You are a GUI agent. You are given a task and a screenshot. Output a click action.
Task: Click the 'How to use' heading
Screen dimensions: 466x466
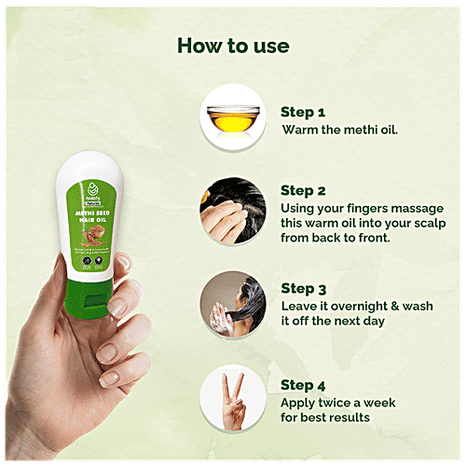[x=232, y=46]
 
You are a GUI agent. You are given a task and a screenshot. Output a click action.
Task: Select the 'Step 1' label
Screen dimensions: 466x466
[x=304, y=111]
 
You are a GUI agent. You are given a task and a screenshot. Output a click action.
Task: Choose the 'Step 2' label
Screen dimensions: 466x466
[x=305, y=191]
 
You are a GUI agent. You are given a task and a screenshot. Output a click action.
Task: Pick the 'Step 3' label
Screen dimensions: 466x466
[x=305, y=289]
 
